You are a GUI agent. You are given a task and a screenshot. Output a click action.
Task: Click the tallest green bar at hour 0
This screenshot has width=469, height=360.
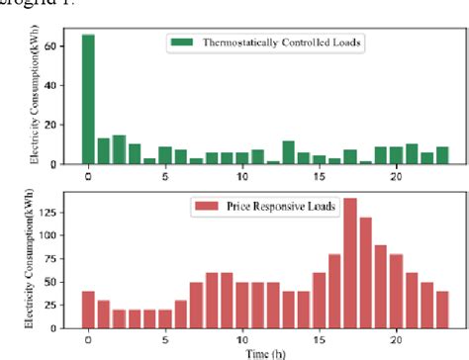[x=88, y=99]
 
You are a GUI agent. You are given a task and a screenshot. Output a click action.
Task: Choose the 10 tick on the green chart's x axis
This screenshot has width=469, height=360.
[x=242, y=176]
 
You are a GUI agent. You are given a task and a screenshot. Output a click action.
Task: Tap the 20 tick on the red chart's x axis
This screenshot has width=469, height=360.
[x=397, y=336]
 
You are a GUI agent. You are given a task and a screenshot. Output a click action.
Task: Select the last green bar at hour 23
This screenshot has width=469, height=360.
[x=441, y=155]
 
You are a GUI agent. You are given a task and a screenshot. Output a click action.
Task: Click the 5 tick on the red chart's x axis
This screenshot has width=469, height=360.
[x=165, y=336]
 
